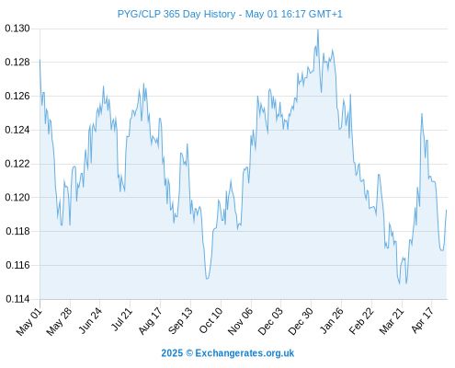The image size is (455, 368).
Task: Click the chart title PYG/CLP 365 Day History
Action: (176, 14)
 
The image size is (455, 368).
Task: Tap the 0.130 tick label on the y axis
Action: (17, 29)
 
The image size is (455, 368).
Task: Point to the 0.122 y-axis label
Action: (17, 164)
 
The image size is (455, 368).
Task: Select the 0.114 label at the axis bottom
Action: (17, 299)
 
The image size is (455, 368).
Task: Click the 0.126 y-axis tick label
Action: (17, 97)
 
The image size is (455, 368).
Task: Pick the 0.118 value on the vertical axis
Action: (17, 231)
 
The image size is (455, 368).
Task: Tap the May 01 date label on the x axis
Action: (29, 321)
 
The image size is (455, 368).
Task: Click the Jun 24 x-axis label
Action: (91, 320)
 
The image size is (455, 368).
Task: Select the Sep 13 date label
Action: (181, 320)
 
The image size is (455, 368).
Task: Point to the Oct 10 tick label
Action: (211, 320)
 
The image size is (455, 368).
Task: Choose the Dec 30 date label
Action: (301, 321)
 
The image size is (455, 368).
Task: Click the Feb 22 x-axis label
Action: (362, 320)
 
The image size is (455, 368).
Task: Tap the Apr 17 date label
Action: (423, 320)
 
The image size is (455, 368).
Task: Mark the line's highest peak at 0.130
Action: (318, 29)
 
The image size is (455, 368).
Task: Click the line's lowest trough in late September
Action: (207, 279)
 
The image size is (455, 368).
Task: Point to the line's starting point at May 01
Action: (40, 60)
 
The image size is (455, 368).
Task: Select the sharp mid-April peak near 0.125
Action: (422, 114)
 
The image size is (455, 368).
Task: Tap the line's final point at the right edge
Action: (447, 210)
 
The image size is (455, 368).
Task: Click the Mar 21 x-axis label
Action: (392, 321)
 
